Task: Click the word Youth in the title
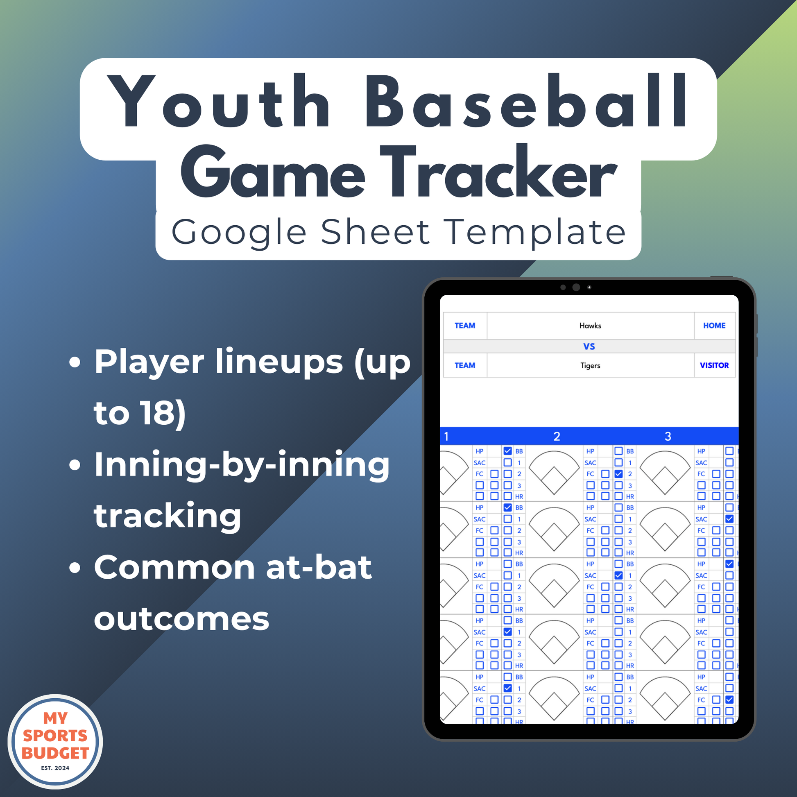219,101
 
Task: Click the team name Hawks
590,326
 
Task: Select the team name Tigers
590,365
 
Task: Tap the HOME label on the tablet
714,326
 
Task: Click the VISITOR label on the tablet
714,365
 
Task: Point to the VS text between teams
589,346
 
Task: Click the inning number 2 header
557,437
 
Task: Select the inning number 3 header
668,437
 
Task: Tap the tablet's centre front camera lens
576,287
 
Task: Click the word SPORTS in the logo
55,736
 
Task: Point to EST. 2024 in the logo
55,768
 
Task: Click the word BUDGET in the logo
55,753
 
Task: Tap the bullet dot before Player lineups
75,362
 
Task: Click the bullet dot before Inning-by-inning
75,465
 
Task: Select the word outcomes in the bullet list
181,619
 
